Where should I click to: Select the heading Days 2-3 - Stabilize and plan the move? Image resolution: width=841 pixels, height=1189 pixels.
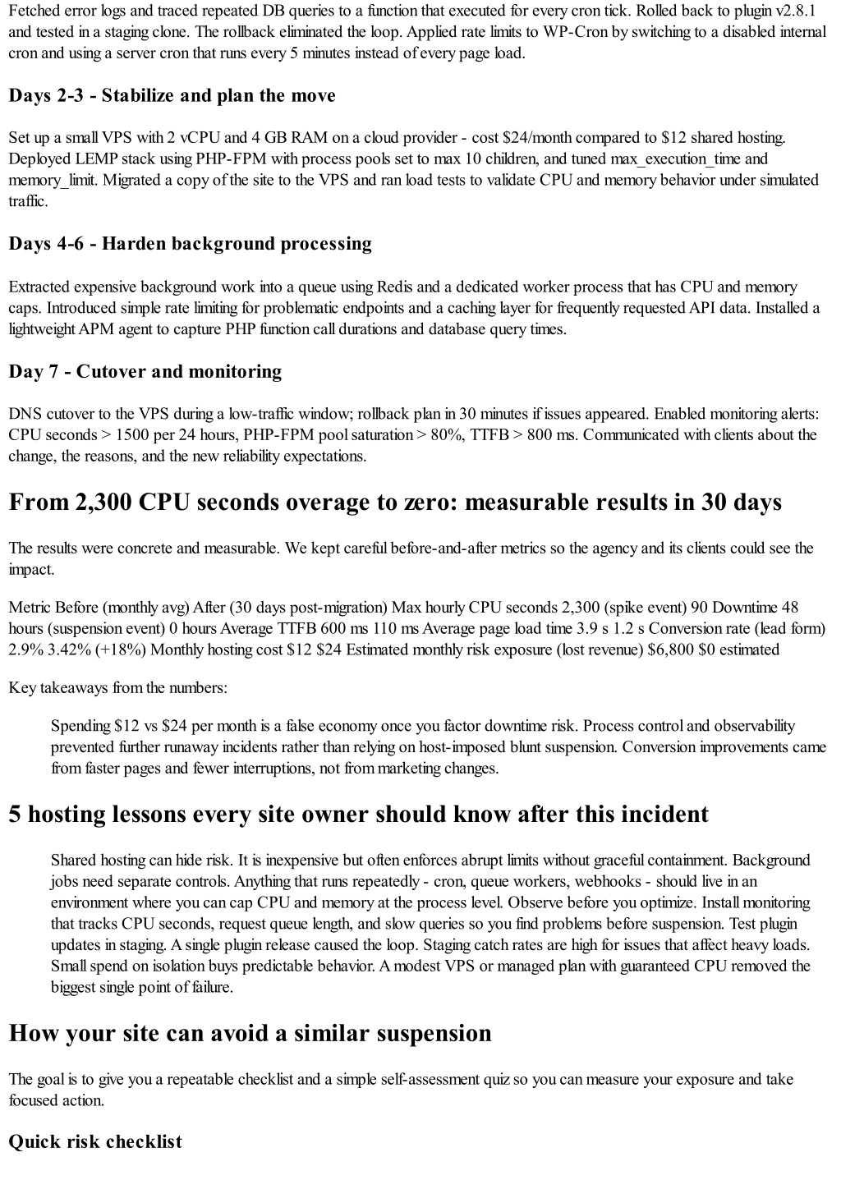click(172, 96)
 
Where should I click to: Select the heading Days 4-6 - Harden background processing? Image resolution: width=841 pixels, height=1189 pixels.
click(190, 244)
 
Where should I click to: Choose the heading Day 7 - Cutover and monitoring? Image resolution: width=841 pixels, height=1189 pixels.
click(145, 372)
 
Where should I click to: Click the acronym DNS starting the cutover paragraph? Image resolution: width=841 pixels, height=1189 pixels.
click(24, 413)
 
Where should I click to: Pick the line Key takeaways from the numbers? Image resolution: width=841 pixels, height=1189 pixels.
click(118, 687)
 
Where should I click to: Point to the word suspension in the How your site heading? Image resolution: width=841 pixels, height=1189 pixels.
click(434, 1033)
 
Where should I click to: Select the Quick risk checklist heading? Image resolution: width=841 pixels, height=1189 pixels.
click(95, 1142)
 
